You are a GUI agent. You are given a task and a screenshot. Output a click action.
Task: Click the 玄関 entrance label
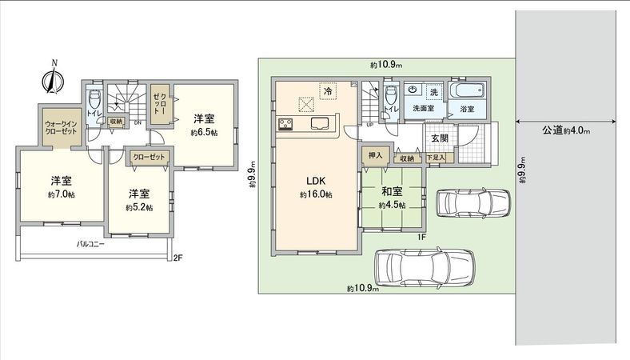tap(440, 138)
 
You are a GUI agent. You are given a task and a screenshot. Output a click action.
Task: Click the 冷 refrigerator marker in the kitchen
tap(328, 91)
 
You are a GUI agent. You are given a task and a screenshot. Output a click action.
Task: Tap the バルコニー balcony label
tap(91, 242)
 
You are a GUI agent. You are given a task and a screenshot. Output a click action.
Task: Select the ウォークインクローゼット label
tap(61, 127)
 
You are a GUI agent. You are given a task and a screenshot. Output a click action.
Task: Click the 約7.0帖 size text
tap(61, 195)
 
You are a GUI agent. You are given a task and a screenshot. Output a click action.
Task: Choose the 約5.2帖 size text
tap(139, 207)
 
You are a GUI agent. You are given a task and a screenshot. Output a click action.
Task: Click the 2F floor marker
tap(178, 258)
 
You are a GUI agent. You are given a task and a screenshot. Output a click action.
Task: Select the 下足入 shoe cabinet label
tap(435, 158)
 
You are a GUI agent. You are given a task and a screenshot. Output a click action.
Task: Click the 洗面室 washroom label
tap(422, 107)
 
